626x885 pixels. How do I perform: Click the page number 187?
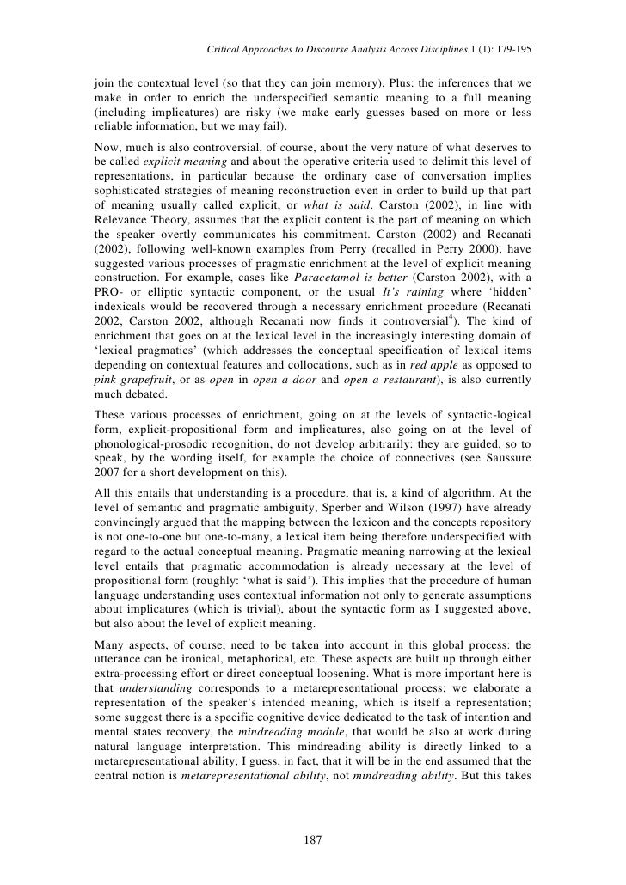point(313,839)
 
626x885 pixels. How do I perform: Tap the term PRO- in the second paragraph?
point(109,317)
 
